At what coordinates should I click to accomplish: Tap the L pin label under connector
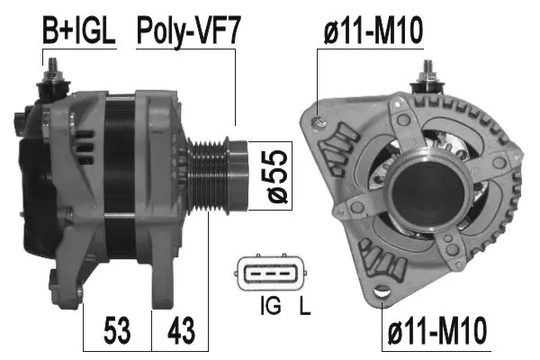click(x=304, y=308)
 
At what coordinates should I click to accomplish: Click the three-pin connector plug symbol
click(x=273, y=274)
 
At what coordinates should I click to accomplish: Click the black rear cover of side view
click(x=34, y=180)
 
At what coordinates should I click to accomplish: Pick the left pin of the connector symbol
click(x=257, y=274)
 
